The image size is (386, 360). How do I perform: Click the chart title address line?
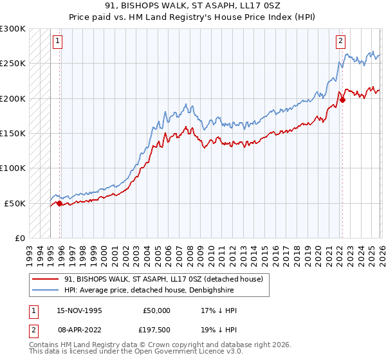(192, 6)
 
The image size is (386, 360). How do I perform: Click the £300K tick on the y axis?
(13, 29)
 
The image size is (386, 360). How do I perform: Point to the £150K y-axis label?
(13, 133)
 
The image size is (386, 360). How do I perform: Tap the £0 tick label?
(20, 238)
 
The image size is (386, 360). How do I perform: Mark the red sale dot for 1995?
(60, 203)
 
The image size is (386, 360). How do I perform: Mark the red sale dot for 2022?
(342, 100)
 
